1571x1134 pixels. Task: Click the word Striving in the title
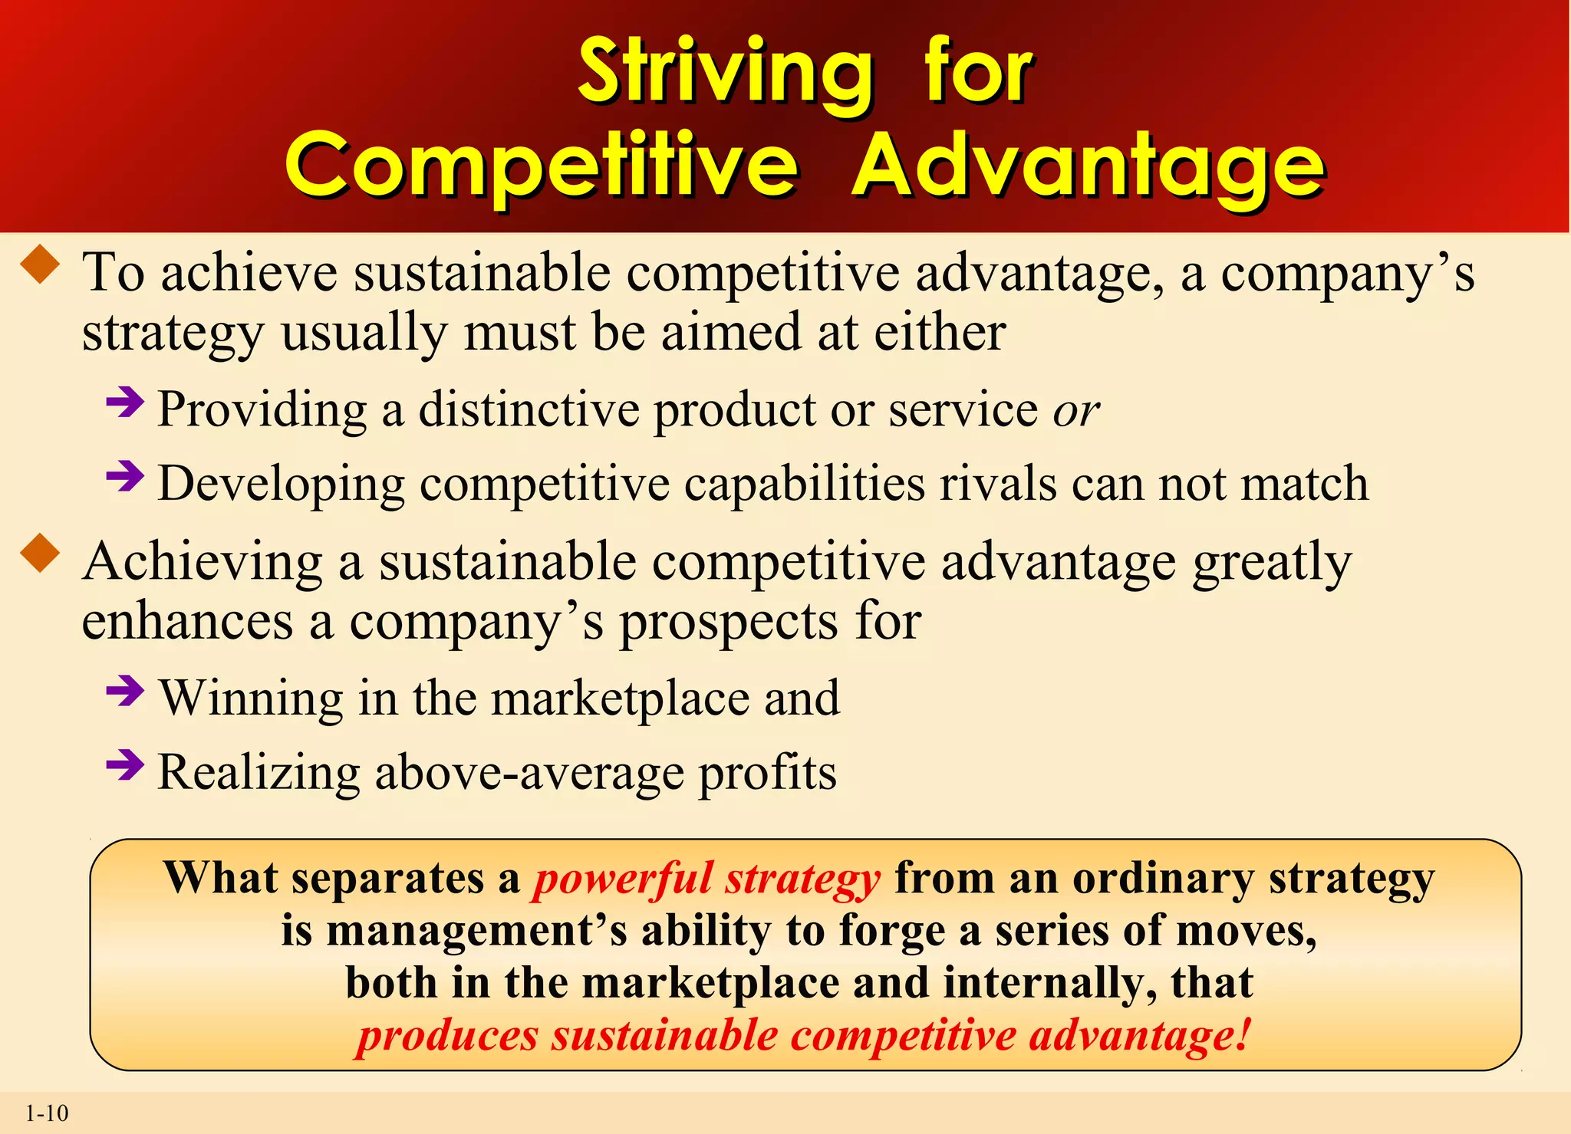tap(725, 73)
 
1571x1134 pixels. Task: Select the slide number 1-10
tap(47, 1113)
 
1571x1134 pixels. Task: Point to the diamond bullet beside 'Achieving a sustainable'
tap(41, 554)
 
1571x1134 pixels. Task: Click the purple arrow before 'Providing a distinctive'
tap(125, 402)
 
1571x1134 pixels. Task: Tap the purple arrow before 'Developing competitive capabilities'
tap(125, 476)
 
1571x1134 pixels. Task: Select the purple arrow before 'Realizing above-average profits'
tap(125, 764)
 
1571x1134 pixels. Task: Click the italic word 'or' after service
tap(1075, 411)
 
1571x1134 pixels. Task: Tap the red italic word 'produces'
tap(448, 1036)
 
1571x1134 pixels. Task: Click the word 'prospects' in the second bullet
tap(729, 622)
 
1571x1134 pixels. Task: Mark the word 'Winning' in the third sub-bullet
tap(252, 698)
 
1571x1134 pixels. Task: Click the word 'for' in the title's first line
tap(979, 73)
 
